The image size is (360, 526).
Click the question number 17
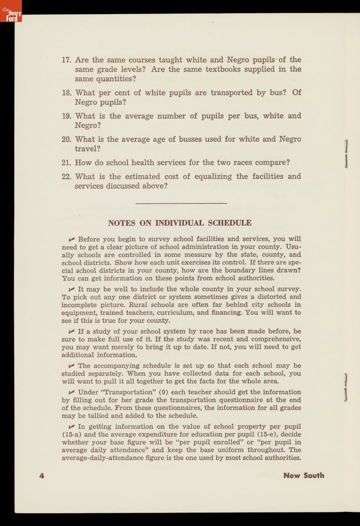67,60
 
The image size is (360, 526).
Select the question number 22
67,177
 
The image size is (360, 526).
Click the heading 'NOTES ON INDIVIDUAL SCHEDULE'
180,223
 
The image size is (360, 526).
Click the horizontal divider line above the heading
182,203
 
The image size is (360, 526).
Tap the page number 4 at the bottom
42,476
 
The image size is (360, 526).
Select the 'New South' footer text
303,476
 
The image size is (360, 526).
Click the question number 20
67,139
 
